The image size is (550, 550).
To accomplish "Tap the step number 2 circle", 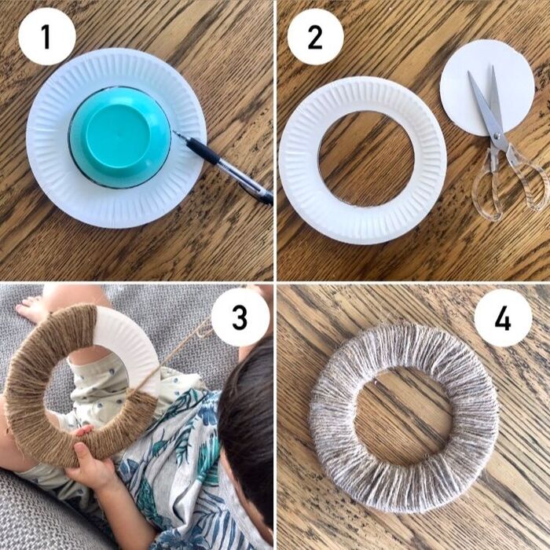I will point(315,36).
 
